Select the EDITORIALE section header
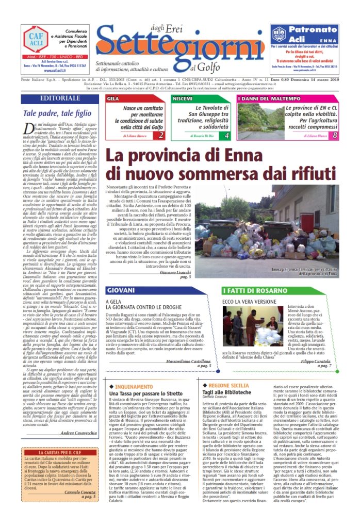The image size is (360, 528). pos(60,98)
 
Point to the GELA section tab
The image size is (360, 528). pos(113,98)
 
